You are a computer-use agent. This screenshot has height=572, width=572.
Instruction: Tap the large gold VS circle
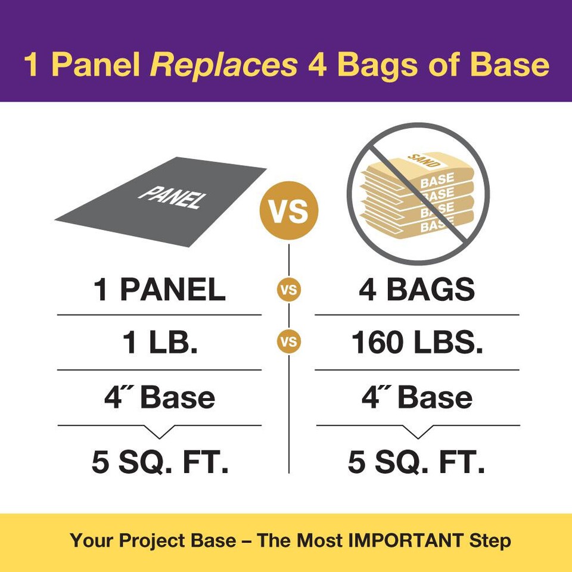(289, 210)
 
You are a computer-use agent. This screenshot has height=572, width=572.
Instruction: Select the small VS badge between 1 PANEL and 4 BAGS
(289, 290)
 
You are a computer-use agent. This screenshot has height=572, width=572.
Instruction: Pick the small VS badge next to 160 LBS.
(289, 342)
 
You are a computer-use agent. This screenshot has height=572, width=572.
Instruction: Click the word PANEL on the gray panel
(172, 197)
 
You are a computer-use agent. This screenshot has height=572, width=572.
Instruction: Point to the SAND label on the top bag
(424, 161)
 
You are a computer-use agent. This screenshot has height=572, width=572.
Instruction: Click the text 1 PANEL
(160, 290)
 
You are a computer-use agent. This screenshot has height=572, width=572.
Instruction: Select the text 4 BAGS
(417, 290)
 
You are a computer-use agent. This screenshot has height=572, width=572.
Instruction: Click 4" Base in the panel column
(160, 397)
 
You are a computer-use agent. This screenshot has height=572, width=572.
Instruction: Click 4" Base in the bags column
(417, 397)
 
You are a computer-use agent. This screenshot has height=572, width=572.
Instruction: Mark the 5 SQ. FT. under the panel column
(160, 461)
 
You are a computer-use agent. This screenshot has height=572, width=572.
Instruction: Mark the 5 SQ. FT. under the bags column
(416, 461)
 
